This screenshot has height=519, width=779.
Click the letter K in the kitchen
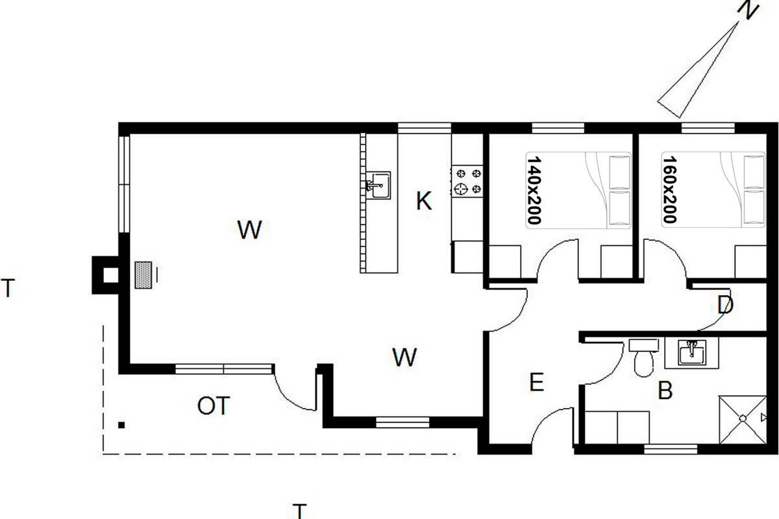424,201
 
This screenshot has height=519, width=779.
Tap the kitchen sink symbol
378,185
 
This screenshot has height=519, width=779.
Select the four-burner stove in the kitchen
467,181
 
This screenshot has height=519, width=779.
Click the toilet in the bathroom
644,357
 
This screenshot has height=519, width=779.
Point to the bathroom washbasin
692,352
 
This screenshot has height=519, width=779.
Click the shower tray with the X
743,420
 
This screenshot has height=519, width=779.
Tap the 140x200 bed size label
534,190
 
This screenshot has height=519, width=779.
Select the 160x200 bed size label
669,189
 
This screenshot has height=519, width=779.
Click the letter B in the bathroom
665,390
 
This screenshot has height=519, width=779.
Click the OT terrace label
214,405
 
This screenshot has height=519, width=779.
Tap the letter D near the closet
726,305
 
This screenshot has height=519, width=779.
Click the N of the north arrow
747,10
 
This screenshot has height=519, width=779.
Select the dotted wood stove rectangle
143,275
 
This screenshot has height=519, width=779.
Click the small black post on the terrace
121,425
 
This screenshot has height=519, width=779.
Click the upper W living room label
249,230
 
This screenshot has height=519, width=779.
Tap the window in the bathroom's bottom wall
671,449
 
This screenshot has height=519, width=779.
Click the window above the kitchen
425,128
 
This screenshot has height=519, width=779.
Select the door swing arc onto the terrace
294,391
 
